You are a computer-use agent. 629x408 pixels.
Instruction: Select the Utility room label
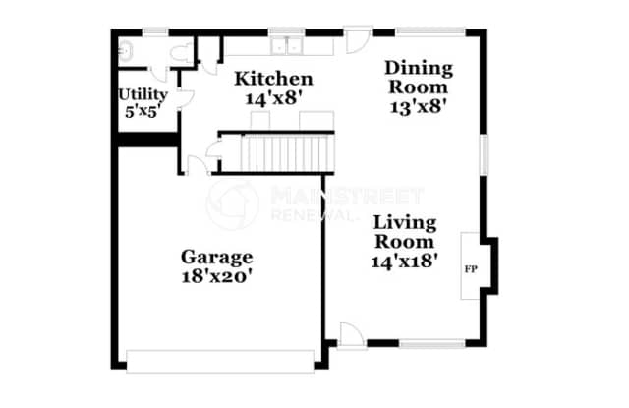[x=143, y=94]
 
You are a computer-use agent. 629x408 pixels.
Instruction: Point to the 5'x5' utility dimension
[x=143, y=111]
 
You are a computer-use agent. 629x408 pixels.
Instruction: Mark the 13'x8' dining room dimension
[x=419, y=107]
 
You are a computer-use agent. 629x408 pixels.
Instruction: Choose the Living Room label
[x=404, y=231]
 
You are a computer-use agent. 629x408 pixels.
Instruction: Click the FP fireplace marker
[x=471, y=266]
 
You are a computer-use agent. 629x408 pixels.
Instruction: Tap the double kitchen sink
[x=287, y=45]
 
